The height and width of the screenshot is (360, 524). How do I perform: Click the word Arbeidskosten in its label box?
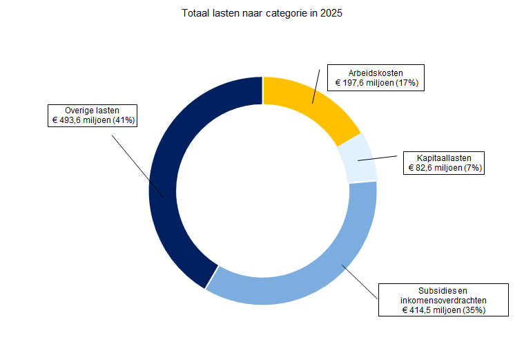pyautogui.click(x=376, y=73)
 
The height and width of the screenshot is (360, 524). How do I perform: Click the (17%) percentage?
pyautogui.click(x=408, y=83)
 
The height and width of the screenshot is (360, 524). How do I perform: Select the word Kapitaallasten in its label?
pyautogui.click(x=443, y=158)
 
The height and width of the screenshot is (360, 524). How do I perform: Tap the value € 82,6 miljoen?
pyautogui.click(x=435, y=168)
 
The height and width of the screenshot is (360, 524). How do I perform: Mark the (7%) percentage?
pyautogui.click(x=473, y=168)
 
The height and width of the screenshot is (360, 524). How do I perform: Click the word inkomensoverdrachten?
pyautogui.click(x=444, y=300)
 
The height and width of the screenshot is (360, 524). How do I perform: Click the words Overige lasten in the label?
pyautogui.click(x=93, y=110)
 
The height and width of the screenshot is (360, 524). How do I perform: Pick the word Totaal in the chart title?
pyautogui.click(x=195, y=13)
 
